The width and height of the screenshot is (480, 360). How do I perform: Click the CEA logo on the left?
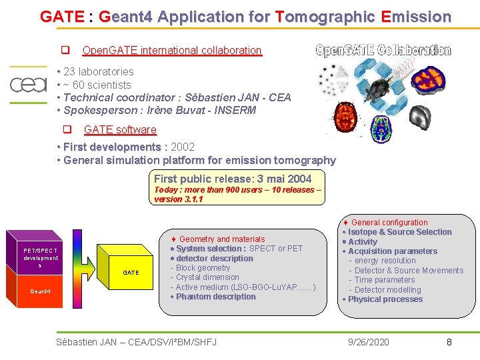[x=27, y=85]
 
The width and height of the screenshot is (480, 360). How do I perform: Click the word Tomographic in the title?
[x=326, y=17]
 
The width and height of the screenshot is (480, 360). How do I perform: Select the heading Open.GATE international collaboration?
[x=171, y=50]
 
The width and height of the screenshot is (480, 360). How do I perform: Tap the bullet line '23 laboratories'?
[x=98, y=71]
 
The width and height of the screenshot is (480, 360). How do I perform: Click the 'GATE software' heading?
[x=120, y=129]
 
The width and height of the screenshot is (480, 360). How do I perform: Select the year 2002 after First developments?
[x=183, y=147]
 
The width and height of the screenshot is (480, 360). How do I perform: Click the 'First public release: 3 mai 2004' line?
[x=233, y=179]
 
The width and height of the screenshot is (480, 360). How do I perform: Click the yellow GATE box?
[x=131, y=272]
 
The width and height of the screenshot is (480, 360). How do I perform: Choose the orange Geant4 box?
[x=40, y=291]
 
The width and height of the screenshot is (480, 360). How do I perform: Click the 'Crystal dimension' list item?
[x=207, y=277]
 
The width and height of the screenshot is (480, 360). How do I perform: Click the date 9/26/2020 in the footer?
[x=369, y=342]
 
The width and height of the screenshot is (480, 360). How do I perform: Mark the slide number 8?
[x=449, y=342]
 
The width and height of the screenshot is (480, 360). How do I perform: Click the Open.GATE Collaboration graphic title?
[x=383, y=51]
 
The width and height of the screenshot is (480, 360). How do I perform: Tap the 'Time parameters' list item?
[x=385, y=280]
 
